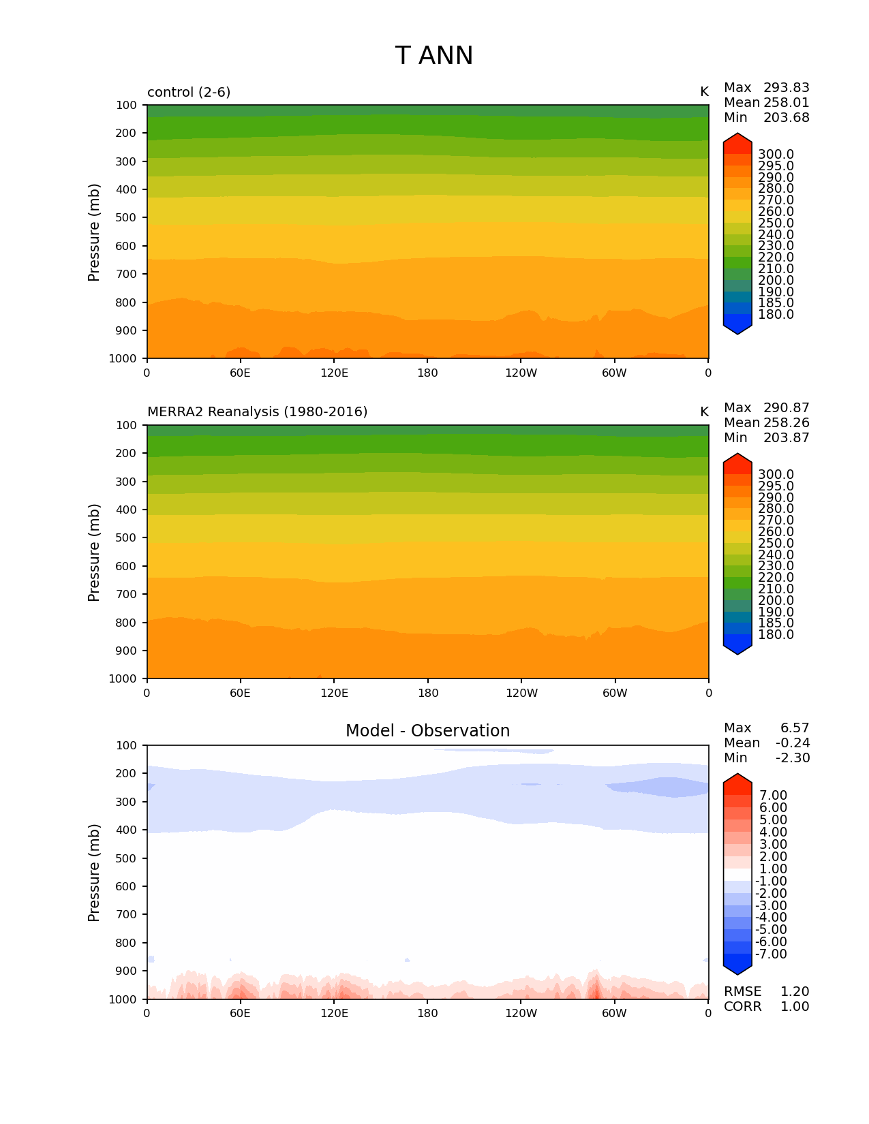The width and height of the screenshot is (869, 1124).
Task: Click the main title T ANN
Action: (433, 56)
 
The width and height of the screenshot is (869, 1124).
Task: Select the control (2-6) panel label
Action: (189, 92)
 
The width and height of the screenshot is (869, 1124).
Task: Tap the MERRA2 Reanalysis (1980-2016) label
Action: (257, 412)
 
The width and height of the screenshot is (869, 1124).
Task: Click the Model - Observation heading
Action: (427, 731)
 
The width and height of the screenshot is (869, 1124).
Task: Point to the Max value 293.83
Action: (786, 88)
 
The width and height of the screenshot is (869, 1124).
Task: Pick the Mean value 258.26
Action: (786, 423)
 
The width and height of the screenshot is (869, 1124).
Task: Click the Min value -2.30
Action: (793, 758)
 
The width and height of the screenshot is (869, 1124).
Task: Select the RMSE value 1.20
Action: (795, 992)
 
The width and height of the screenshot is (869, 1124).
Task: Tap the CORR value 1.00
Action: (795, 1007)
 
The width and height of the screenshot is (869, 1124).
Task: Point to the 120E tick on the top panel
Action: (334, 373)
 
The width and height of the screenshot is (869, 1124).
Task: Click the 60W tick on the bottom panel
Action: (614, 1014)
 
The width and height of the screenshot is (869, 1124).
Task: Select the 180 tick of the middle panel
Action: (427, 693)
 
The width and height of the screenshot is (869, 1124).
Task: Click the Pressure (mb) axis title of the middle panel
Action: (94, 552)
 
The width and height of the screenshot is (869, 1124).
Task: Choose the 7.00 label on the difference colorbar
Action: (773, 796)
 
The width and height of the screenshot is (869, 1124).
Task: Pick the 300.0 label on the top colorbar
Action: (776, 155)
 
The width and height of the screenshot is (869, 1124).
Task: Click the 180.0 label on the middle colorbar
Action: (776, 635)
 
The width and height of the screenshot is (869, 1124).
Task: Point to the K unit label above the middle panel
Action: (704, 412)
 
